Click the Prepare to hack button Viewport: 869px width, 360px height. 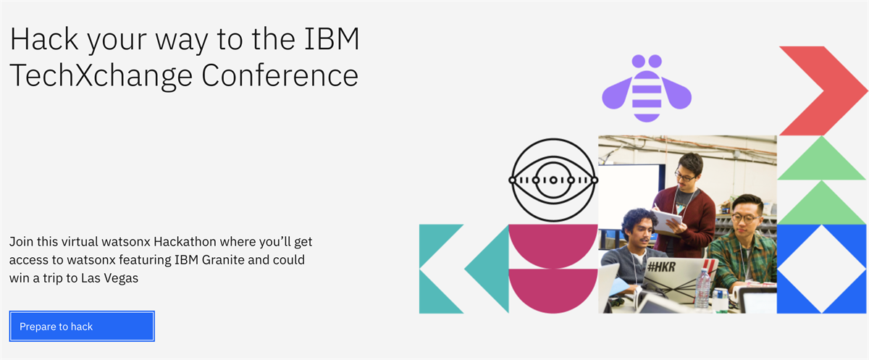[x=82, y=326]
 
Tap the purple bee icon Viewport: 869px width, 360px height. [x=647, y=88]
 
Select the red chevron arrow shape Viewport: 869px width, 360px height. [x=823, y=91]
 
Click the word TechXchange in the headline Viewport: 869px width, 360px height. [x=101, y=76]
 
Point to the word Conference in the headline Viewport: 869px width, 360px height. [x=280, y=75]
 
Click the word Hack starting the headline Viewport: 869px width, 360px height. [x=44, y=39]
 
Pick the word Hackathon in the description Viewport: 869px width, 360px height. [x=185, y=242]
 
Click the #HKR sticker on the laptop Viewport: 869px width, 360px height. [x=661, y=267]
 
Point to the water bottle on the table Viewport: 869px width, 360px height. [x=702, y=288]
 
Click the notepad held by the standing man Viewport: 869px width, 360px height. [x=667, y=221]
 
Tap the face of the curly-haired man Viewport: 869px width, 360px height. [x=639, y=232]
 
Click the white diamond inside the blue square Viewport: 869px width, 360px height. [x=822, y=269]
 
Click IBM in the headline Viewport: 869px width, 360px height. [x=332, y=39]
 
